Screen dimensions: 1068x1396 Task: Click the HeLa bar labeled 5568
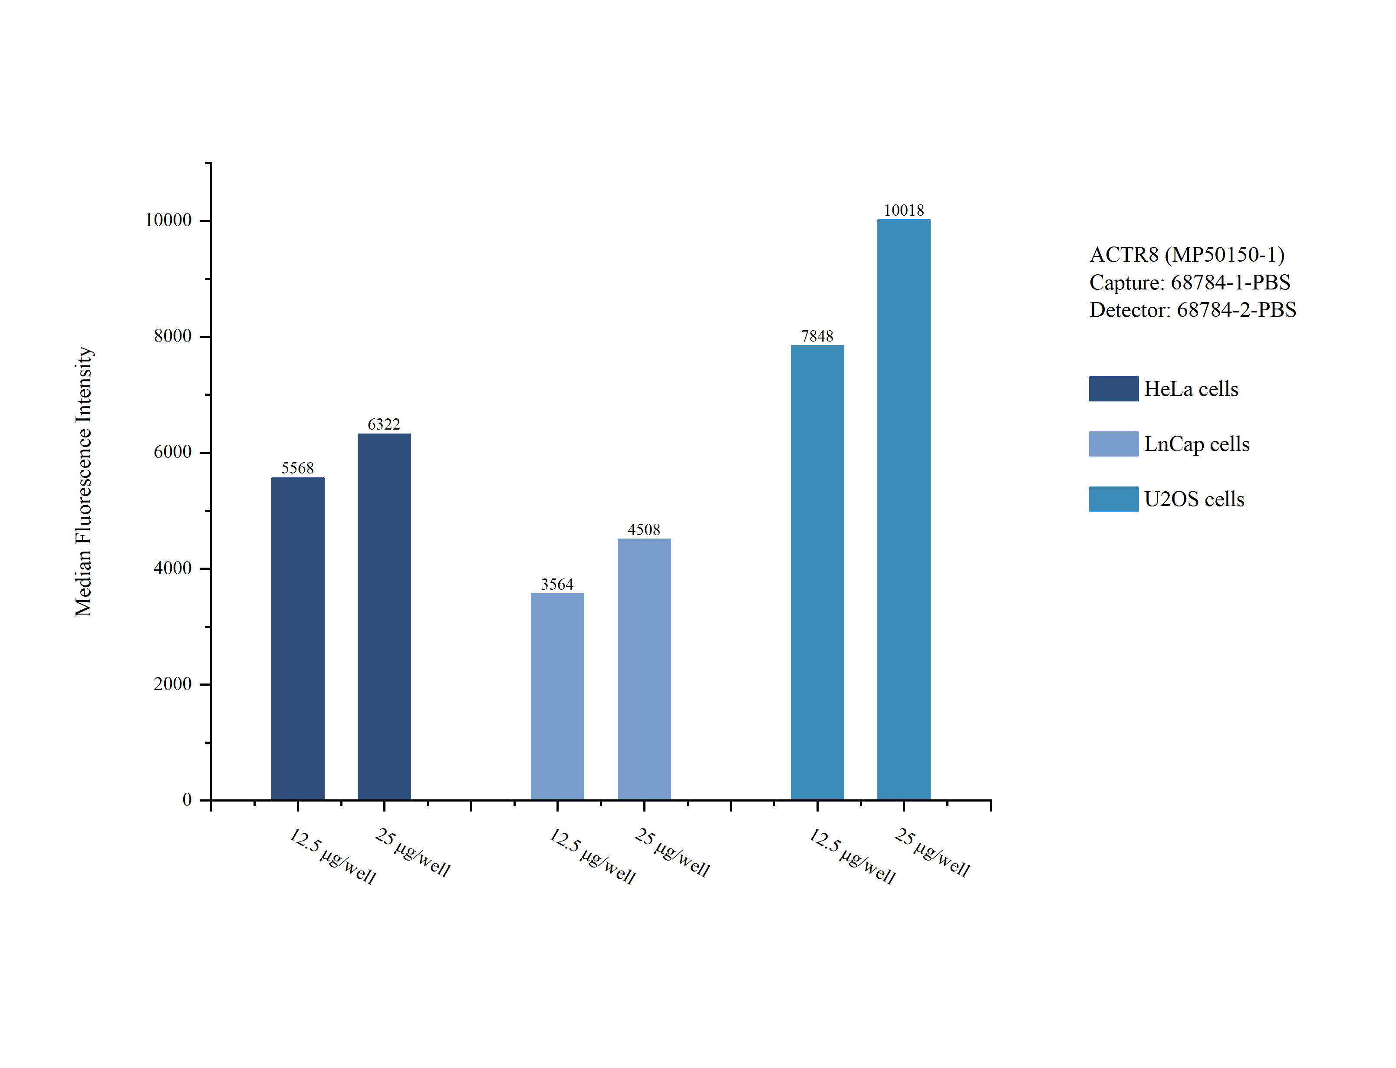[x=297, y=638]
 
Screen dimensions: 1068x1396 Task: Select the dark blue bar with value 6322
[x=384, y=617]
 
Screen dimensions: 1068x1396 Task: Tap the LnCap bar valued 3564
[x=557, y=696]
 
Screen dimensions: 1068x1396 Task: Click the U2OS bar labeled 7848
[x=817, y=572]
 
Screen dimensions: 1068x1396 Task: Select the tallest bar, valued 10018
[x=903, y=509]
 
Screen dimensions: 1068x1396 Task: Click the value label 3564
[x=557, y=584]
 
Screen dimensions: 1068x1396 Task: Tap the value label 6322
[x=384, y=424]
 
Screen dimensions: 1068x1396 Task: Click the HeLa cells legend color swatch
[x=1113, y=388]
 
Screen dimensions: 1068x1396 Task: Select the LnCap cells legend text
[x=1196, y=444]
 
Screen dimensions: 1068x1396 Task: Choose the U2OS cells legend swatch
[x=1113, y=499]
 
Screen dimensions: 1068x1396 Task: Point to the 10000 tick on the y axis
[x=168, y=220]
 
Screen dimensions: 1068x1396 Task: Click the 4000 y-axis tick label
[x=172, y=568]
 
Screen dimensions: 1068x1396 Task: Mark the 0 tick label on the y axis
[x=187, y=800]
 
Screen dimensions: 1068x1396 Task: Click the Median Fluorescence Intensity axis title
[x=84, y=481]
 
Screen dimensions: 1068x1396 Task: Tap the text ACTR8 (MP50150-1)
[x=1186, y=254]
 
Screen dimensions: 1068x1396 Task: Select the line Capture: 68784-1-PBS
[x=1189, y=282]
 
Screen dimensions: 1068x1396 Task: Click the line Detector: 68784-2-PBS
[x=1192, y=309]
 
